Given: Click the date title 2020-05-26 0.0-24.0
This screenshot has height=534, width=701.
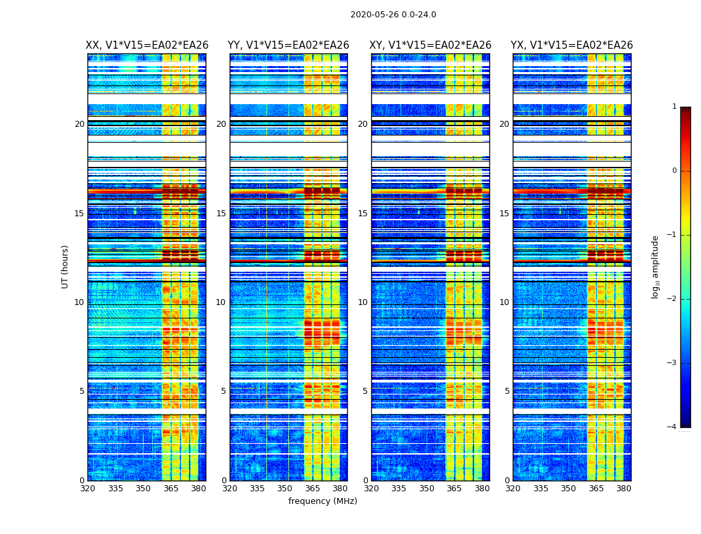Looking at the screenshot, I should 393,15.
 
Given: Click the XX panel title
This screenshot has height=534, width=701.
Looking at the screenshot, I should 147,45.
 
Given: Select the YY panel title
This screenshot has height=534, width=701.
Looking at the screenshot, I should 288,45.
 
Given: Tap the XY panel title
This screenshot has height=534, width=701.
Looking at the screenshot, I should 431,45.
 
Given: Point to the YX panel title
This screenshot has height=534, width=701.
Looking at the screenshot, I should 571,45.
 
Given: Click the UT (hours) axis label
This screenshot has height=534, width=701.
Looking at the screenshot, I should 65,266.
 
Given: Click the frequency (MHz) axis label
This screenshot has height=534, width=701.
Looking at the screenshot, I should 322,501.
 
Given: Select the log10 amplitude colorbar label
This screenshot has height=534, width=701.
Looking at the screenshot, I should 656,266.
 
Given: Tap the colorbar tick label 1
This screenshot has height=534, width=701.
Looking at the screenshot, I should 674,107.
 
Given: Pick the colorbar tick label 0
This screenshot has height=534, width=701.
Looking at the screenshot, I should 674,171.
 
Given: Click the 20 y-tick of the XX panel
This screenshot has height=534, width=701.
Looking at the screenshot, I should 79,124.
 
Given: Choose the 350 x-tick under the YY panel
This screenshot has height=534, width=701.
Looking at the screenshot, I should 285,489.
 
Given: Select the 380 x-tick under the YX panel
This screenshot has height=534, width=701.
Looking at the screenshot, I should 624,489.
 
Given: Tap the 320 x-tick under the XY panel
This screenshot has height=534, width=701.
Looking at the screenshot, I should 371,489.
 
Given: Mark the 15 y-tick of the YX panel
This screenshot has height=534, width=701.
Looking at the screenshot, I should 504,214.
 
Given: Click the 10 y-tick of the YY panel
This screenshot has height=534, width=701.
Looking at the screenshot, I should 221,302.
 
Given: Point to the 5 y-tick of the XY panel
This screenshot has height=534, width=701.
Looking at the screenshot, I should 365,391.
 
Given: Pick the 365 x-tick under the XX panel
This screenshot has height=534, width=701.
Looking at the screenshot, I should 171,489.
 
